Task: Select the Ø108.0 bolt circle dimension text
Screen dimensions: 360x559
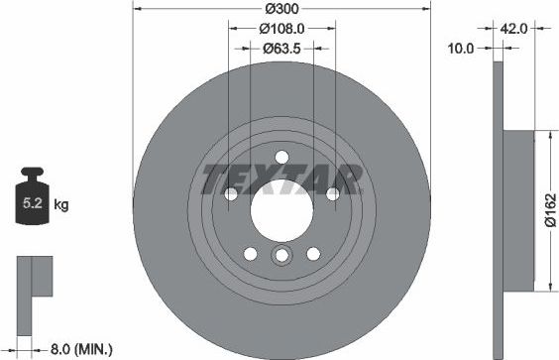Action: point(280,29)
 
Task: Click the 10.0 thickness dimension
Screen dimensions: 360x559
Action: point(462,47)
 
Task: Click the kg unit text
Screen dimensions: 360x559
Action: point(61,206)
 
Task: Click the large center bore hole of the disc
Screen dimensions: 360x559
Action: point(280,208)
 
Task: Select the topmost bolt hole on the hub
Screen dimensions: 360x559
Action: point(280,156)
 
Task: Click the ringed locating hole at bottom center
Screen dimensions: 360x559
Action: point(280,258)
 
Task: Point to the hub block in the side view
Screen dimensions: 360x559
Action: point(519,212)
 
